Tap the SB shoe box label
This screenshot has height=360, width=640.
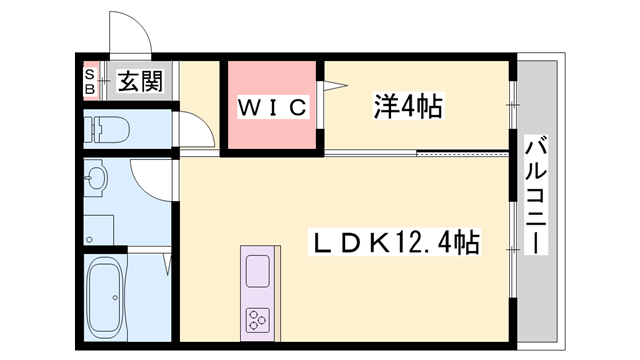(88, 82)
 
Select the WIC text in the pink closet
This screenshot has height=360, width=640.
(271, 107)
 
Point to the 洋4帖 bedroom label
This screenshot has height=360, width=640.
(408, 104)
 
